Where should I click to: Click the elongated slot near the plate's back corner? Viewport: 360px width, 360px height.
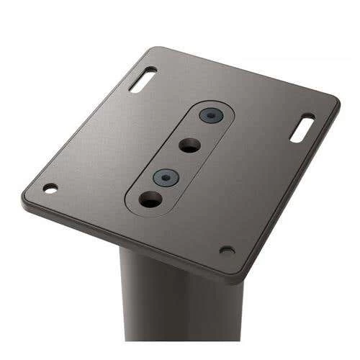tap(143, 79)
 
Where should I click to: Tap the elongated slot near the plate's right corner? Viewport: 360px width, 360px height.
tap(302, 127)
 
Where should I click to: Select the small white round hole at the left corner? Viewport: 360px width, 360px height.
tap(50, 188)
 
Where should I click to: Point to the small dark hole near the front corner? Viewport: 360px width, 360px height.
tap(227, 250)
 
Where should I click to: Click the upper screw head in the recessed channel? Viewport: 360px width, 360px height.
tap(210, 115)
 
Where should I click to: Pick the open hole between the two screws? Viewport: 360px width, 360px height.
tap(189, 145)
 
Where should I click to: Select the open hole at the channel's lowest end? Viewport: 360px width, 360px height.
tap(150, 199)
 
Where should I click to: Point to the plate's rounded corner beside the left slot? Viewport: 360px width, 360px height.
tap(151, 50)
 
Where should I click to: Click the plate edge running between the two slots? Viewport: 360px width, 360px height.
tap(245, 72)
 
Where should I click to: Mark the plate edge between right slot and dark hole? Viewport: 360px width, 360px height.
tap(288, 191)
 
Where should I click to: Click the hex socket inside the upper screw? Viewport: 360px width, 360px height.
tap(210, 115)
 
